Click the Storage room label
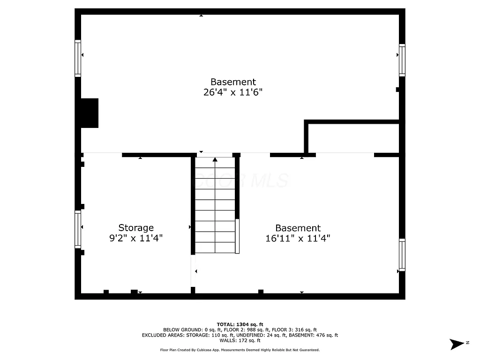click(135, 228)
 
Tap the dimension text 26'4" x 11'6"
click(232, 92)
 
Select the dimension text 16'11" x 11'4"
click(298, 238)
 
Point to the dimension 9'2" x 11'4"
click(135, 238)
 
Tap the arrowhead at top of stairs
click(215, 160)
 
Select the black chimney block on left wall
click(90, 113)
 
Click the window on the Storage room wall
click(78, 229)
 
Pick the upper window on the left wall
click(78, 58)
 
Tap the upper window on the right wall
click(402, 60)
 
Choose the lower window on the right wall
click(402, 255)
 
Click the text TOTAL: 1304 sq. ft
click(240, 324)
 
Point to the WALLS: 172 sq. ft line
click(240, 340)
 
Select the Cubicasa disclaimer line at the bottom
click(240, 350)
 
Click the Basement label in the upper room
click(233, 82)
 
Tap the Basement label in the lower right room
click(298, 228)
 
